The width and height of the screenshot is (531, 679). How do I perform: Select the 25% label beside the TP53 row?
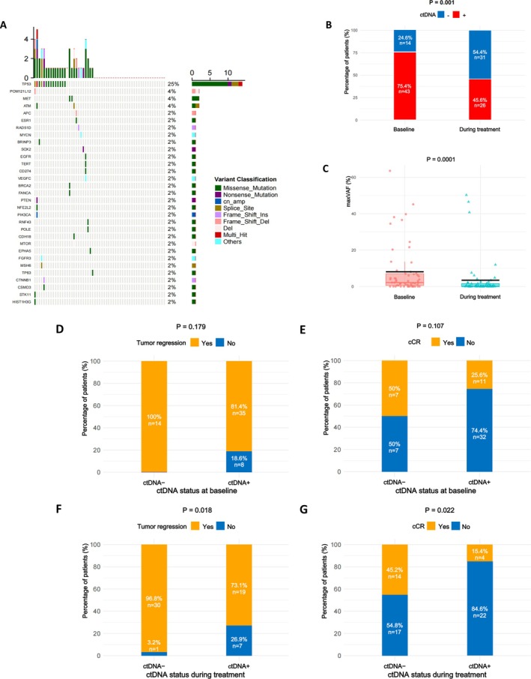click(x=172, y=84)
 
